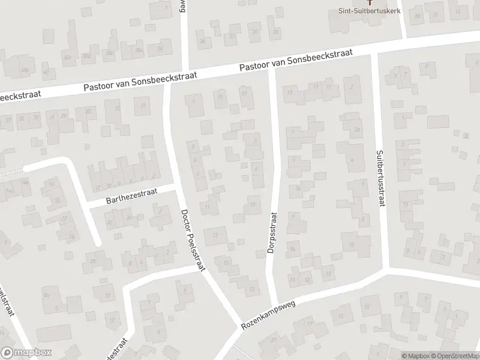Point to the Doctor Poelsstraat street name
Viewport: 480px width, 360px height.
(x=193, y=240)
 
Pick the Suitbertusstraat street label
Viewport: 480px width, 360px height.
(x=380, y=178)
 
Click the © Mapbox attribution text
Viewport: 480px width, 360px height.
(x=415, y=355)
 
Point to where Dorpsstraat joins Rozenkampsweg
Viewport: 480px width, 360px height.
(x=275, y=303)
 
